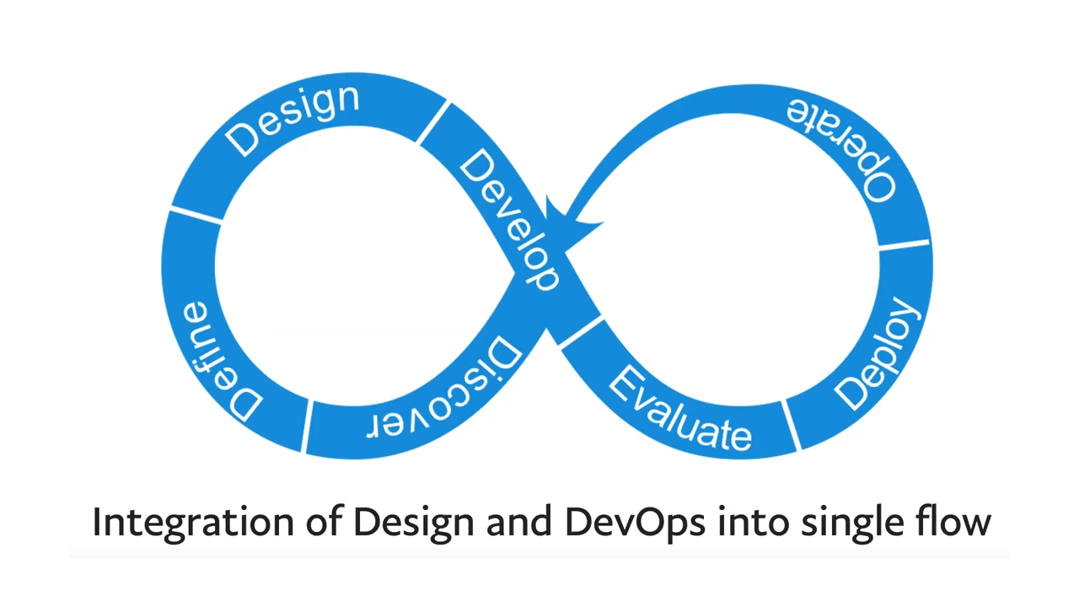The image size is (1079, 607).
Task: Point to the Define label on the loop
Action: click(218, 361)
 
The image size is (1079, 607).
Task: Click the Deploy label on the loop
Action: click(878, 353)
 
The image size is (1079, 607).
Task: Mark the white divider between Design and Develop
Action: click(433, 123)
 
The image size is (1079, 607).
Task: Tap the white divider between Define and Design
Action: click(196, 215)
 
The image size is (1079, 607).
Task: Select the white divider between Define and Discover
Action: click(307, 426)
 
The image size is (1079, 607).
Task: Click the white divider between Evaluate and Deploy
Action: click(791, 424)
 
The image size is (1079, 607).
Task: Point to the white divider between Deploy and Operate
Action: click(904, 245)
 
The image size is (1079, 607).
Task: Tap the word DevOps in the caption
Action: click(635, 523)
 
